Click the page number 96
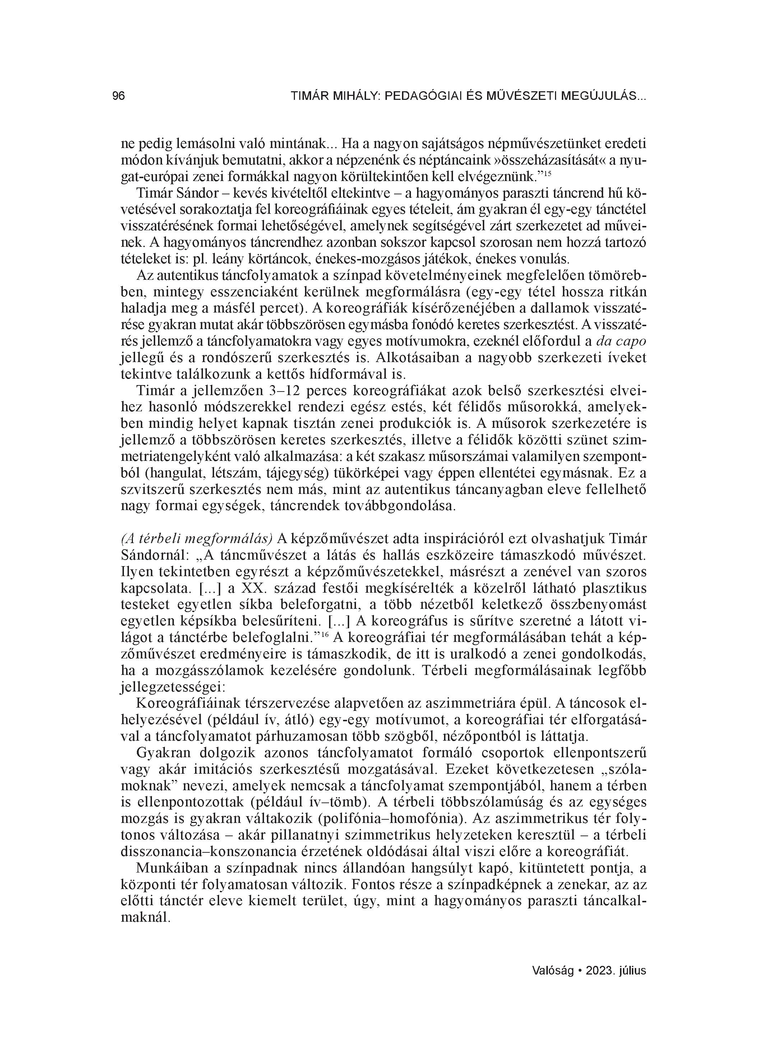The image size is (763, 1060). (x=119, y=96)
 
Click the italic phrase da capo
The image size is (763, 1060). (x=622, y=342)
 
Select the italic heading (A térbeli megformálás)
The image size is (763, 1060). (x=197, y=538)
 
